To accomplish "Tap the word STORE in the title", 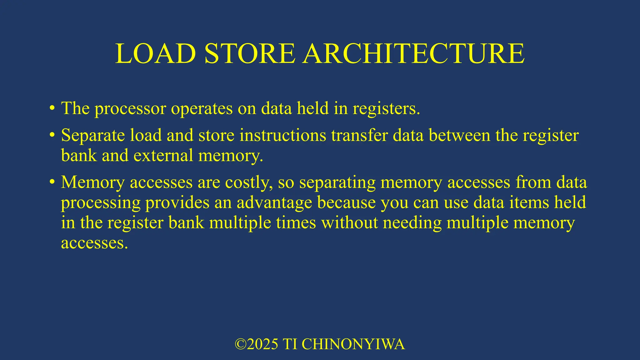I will pos(250,54).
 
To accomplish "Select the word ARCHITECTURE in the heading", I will pos(413,54).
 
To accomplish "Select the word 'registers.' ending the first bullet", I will pos(386,109).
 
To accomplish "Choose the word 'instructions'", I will pos(283,135).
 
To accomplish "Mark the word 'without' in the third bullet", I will pos(350,223).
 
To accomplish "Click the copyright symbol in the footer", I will pos(240,344).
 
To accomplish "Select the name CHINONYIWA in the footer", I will pos(353,344).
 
